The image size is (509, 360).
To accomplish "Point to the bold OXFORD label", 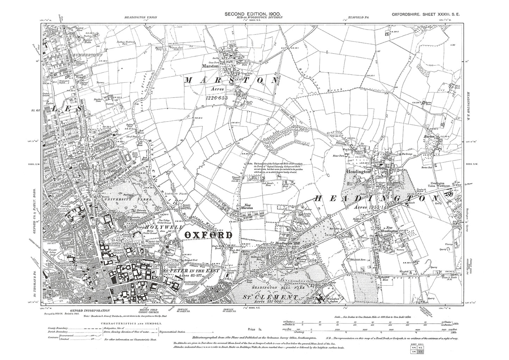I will click(x=209, y=235).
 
